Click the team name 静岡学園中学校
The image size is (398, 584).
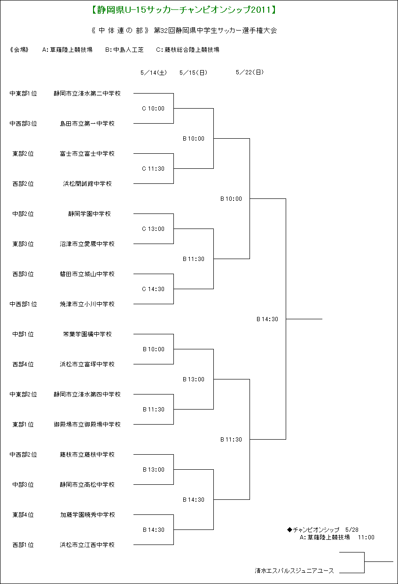pyautogui.click(x=89, y=214)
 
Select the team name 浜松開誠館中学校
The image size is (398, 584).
pyautogui.click(x=87, y=184)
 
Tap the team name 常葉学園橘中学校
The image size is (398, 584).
pyautogui.click(x=87, y=334)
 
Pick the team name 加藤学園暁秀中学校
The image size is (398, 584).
pyautogui.click(x=87, y=515)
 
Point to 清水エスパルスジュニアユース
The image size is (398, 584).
pyautogui.click(x=294, y=571)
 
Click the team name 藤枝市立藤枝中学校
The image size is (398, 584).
pyautogui.click(x=87, y=454)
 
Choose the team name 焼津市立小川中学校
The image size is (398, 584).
pyautogui.click(x=87, y=304)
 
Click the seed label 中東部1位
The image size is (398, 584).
pyautogui.click(x=23, y=93)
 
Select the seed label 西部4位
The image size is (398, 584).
pyautogui.click(x=23, y=364)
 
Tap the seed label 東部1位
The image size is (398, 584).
pyautogui.click(x=23, y=425)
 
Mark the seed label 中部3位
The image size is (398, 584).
pyautogui.click(x=23, y=485)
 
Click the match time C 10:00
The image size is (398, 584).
pyautogui.click(x=153, y=109)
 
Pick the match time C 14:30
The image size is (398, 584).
pyautogui.click(x=153, y=289)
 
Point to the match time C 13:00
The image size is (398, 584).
pyautogui.click(x=153, y=229)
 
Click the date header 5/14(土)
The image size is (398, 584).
pyautogui.click(x=153, y=72)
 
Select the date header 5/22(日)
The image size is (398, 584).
pyautogui.click(x=250, y=72)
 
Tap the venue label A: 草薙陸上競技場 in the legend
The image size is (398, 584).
pyautogui.click(x=67, y=49)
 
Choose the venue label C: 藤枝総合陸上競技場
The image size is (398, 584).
pyautogui.click(x=187, y=49)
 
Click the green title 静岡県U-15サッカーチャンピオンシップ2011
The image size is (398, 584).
pyautogui.click(x=184, y=10)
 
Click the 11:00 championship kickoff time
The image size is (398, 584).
pyautogui.click(x=366, y=537)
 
